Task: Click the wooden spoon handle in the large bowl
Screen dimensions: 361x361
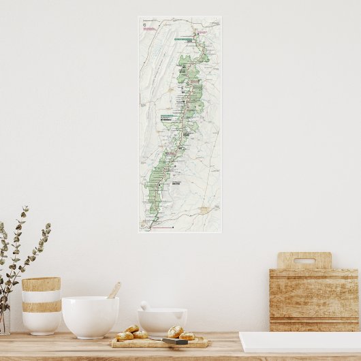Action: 114,290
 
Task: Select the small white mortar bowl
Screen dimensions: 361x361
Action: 162,321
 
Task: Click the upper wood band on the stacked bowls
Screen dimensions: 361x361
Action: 41,284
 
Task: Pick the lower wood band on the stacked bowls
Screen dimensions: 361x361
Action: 41,307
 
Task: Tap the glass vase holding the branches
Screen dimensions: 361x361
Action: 4,321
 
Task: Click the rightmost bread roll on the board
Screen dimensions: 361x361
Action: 186,336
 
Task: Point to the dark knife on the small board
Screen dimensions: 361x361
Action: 174,341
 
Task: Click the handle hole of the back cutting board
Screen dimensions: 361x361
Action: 304,260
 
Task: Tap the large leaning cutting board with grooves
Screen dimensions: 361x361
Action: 314,300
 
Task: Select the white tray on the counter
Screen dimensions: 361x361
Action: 300,341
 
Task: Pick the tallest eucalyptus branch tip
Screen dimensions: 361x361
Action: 27,208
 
